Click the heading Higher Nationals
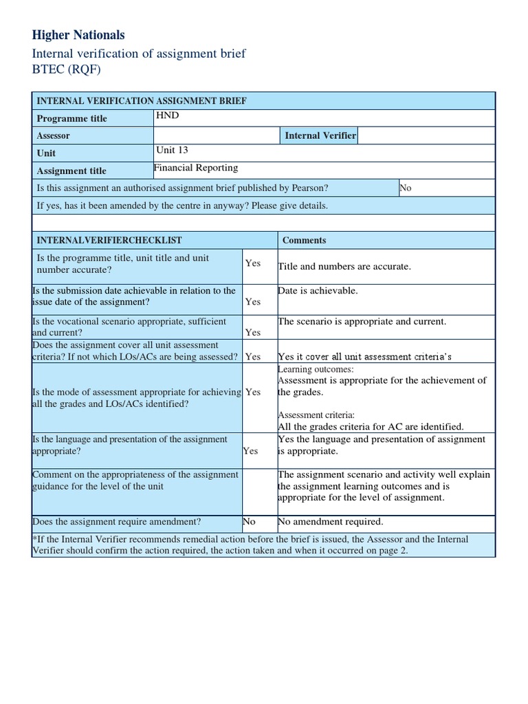(78, 35)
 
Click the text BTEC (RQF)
(66, 70)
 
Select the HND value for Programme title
(168, 115)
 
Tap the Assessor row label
(53, 135)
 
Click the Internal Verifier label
(320, 135)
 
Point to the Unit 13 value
(172, 150)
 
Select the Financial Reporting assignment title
(196, 168)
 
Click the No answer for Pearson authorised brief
(406, 188)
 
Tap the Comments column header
(304, 240)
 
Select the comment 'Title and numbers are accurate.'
(344, 267)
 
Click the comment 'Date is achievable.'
(318, 291)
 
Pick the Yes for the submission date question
(253, 302)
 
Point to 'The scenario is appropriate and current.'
(362, 321)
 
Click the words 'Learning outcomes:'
(316, 369)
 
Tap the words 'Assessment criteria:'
(316, 415)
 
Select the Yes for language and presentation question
(251, 451)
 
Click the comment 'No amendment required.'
(330, 522)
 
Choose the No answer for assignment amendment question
(249, 522)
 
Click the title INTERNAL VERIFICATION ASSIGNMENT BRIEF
(141, 101)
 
